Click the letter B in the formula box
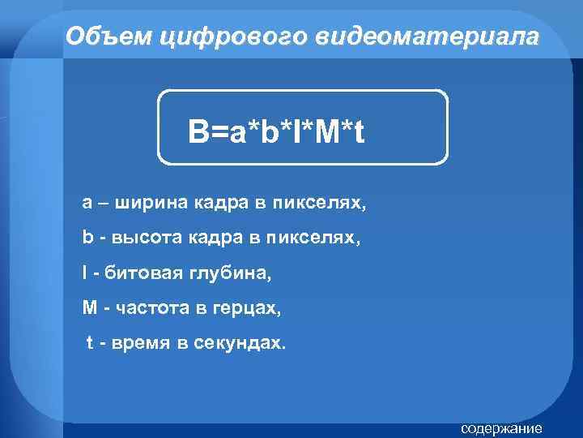click(198, 131)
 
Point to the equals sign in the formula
click(219, 131)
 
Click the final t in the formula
click(357, 131)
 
